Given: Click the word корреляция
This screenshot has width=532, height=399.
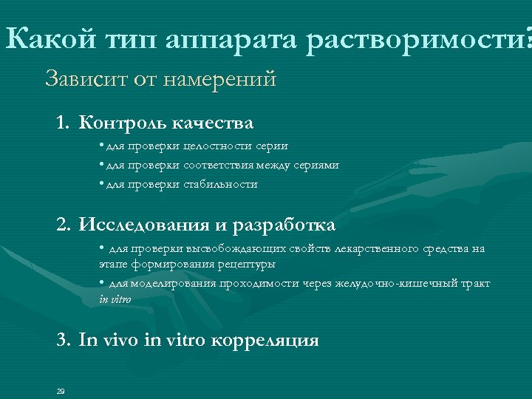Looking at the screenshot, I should pyautogui.click(x=265, y=341).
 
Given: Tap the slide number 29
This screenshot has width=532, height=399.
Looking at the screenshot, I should pyautogui.click(x=61, y=391).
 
